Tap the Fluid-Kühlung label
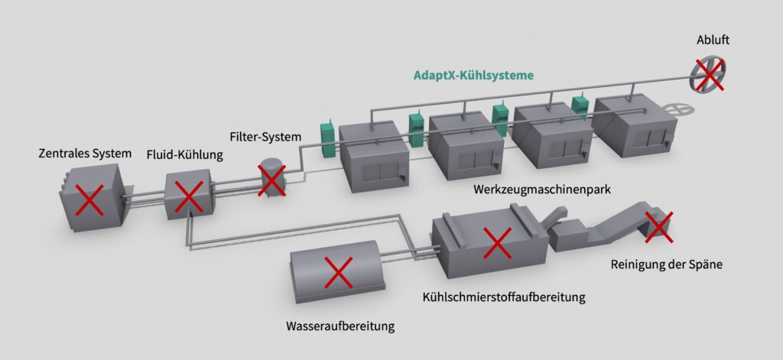(184, 156)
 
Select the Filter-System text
(265, 137)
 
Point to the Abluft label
(713, 40)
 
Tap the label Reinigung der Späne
(667, 265)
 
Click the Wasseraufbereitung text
(340, 326)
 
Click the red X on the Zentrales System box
(89, 202)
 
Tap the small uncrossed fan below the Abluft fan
(677, 110)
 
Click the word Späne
(706, 265)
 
